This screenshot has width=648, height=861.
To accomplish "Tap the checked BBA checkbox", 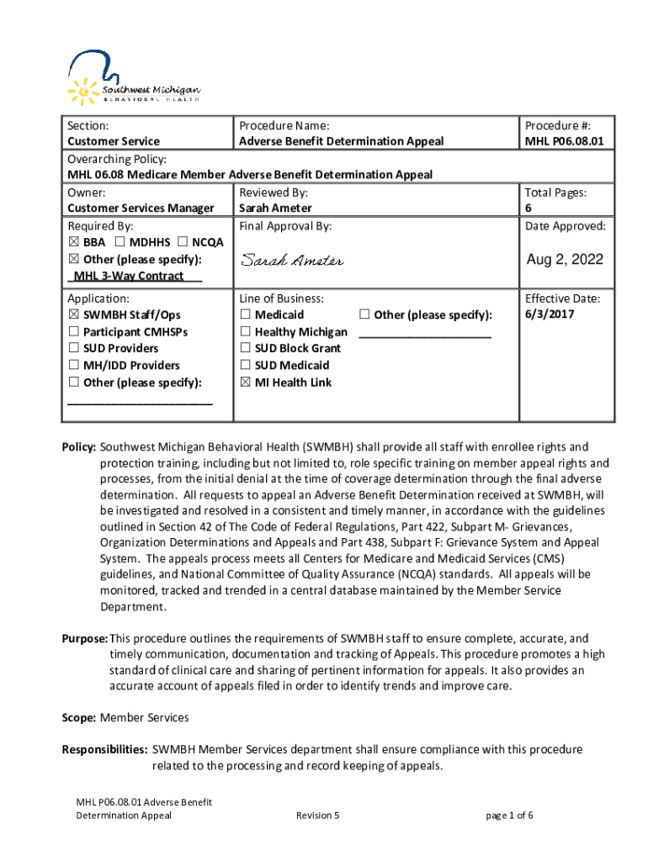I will (73, 242).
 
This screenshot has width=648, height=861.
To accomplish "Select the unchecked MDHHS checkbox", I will (120, 242).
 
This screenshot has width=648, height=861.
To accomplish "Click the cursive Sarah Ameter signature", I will (291, 261).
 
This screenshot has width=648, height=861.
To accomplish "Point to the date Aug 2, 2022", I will (565, 260).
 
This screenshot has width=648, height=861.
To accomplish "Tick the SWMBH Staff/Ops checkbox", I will (73, 314).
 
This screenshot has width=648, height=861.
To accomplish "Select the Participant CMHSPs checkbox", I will (73, 331).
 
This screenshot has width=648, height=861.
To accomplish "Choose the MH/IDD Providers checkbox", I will (73, 365).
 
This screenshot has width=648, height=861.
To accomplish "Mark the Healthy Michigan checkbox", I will (245, 331).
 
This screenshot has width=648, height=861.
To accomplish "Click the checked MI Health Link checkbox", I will (245, 382).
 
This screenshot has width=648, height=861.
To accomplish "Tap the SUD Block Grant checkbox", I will (245, 348).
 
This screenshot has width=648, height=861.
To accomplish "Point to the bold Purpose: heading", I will (84, 638).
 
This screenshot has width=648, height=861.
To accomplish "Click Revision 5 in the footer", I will (318, 816).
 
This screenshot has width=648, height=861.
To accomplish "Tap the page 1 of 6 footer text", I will (510, 816).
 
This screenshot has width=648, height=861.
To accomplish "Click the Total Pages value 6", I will (528, 209).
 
